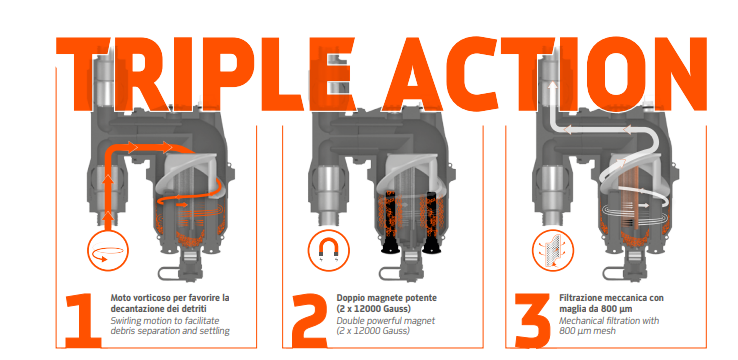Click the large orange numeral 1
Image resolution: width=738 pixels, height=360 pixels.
click(x=83, y=321)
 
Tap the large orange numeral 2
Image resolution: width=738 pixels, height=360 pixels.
click(x=309, y=321)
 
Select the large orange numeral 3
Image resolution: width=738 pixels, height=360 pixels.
click(x=532, y=321)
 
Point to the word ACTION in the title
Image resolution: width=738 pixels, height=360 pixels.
click(x=545, y=74)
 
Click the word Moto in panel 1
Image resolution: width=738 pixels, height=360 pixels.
click(x=120, y=298)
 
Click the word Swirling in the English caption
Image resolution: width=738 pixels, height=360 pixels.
click(x=126, y=321)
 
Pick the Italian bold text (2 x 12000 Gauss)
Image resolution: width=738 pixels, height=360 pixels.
click(x=374, y=309)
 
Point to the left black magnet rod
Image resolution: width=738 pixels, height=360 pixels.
click(x=391, y=222)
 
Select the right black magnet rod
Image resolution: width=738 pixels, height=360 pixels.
click(x=431, y=222)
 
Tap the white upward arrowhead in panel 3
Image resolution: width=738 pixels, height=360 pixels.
click(x=551, y=85)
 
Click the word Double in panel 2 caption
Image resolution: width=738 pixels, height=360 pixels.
click(x=349, y=321)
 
